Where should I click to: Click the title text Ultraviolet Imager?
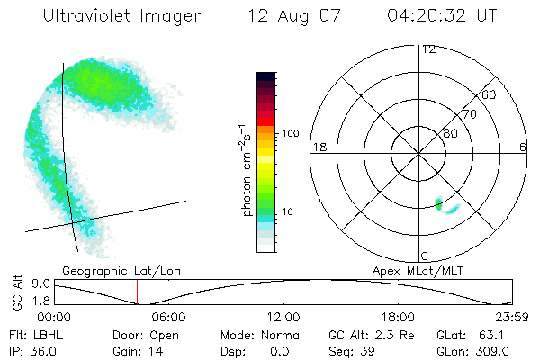(122, 15)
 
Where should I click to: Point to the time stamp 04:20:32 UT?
(443, 15)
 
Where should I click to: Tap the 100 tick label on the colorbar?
(290, 133)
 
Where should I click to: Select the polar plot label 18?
(318, 147)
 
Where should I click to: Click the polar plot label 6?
(524, 147)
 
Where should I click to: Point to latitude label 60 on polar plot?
(490, 94)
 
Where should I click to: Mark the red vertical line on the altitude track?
(137, 292)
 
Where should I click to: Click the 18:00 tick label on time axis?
(398, 317)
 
